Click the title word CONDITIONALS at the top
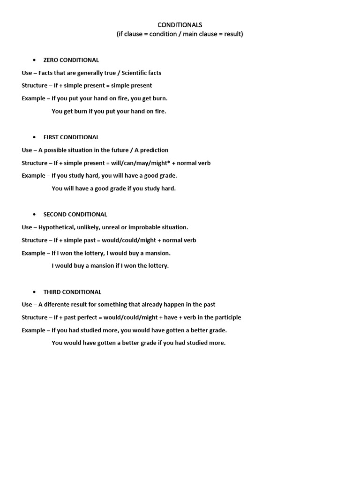(180, 25)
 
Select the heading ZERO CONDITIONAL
(71, 60)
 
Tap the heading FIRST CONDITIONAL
(71, 137)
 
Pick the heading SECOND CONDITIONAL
(75, 214)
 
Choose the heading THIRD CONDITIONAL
(72, 292)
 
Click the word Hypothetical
(58, 227)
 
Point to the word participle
(226, 317)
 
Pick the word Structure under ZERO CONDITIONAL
(34, 86)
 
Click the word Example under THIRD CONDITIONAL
(33, 330)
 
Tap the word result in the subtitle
(232, 34)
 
